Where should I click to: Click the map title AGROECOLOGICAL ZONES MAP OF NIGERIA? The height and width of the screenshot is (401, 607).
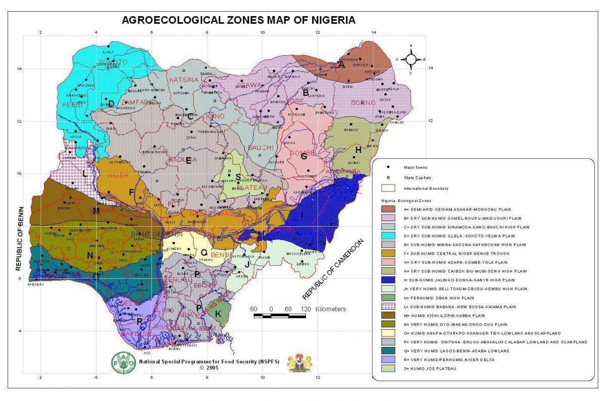coord(238,21)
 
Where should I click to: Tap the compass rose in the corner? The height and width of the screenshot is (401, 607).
coord(411,59)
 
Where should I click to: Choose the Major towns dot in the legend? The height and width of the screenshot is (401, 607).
coord(388,167)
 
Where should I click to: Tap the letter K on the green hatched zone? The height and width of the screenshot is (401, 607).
coord(218,314)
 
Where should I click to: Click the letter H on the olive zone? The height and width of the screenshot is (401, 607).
coord(358,149)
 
